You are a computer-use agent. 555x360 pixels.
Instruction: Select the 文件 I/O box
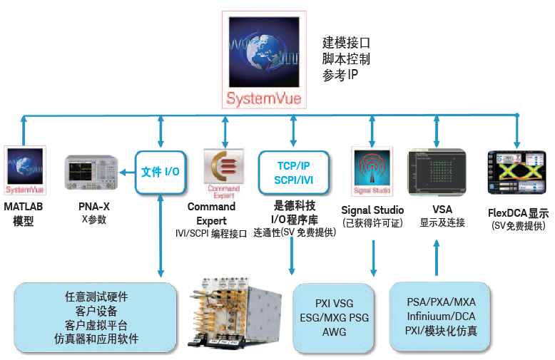click(161, 172)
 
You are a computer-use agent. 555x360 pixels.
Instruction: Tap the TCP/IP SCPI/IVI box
click(293, 173)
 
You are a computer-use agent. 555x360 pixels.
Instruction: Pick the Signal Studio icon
click(372, 172)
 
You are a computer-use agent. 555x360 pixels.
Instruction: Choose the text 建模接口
click(346, 43)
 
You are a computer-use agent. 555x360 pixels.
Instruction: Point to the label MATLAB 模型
click(24, 214)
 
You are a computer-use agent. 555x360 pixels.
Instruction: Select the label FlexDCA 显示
click(518, 213)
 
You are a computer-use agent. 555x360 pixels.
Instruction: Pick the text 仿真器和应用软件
click(96, 339)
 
